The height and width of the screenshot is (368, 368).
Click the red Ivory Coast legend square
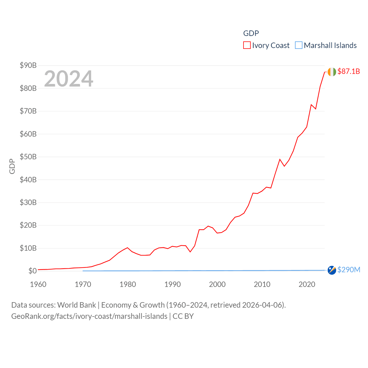click(247, 45)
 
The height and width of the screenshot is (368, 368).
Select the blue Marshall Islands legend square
click(299, 45)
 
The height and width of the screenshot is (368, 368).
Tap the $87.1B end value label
click(348, 71)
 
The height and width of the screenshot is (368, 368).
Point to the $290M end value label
click(349, 270)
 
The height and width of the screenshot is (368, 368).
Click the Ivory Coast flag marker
click(332, 72)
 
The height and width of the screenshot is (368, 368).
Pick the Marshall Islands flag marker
click(332, 270)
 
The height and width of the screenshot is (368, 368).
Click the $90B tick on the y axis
click(28, 65)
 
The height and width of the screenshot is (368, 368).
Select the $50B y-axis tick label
click(28, 157)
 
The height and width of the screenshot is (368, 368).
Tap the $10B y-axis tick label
click(28, 248)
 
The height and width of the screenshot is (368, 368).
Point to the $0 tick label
click(32, 271)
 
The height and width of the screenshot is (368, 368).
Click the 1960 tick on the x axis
click(38, 284)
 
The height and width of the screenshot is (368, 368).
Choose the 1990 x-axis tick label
click(172, 284)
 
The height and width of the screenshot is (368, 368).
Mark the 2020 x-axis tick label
click(307, 284)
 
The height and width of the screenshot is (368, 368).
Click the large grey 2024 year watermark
click(69, 78)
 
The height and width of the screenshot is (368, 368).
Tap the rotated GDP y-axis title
click(12, 166)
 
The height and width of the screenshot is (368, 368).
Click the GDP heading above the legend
click(251, 33)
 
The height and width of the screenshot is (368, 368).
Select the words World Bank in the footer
click(77, 305)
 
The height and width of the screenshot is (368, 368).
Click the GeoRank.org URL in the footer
click(89, 316)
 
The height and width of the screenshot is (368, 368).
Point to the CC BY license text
click(183, 316)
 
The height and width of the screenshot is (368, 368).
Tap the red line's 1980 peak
click(127, 248)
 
